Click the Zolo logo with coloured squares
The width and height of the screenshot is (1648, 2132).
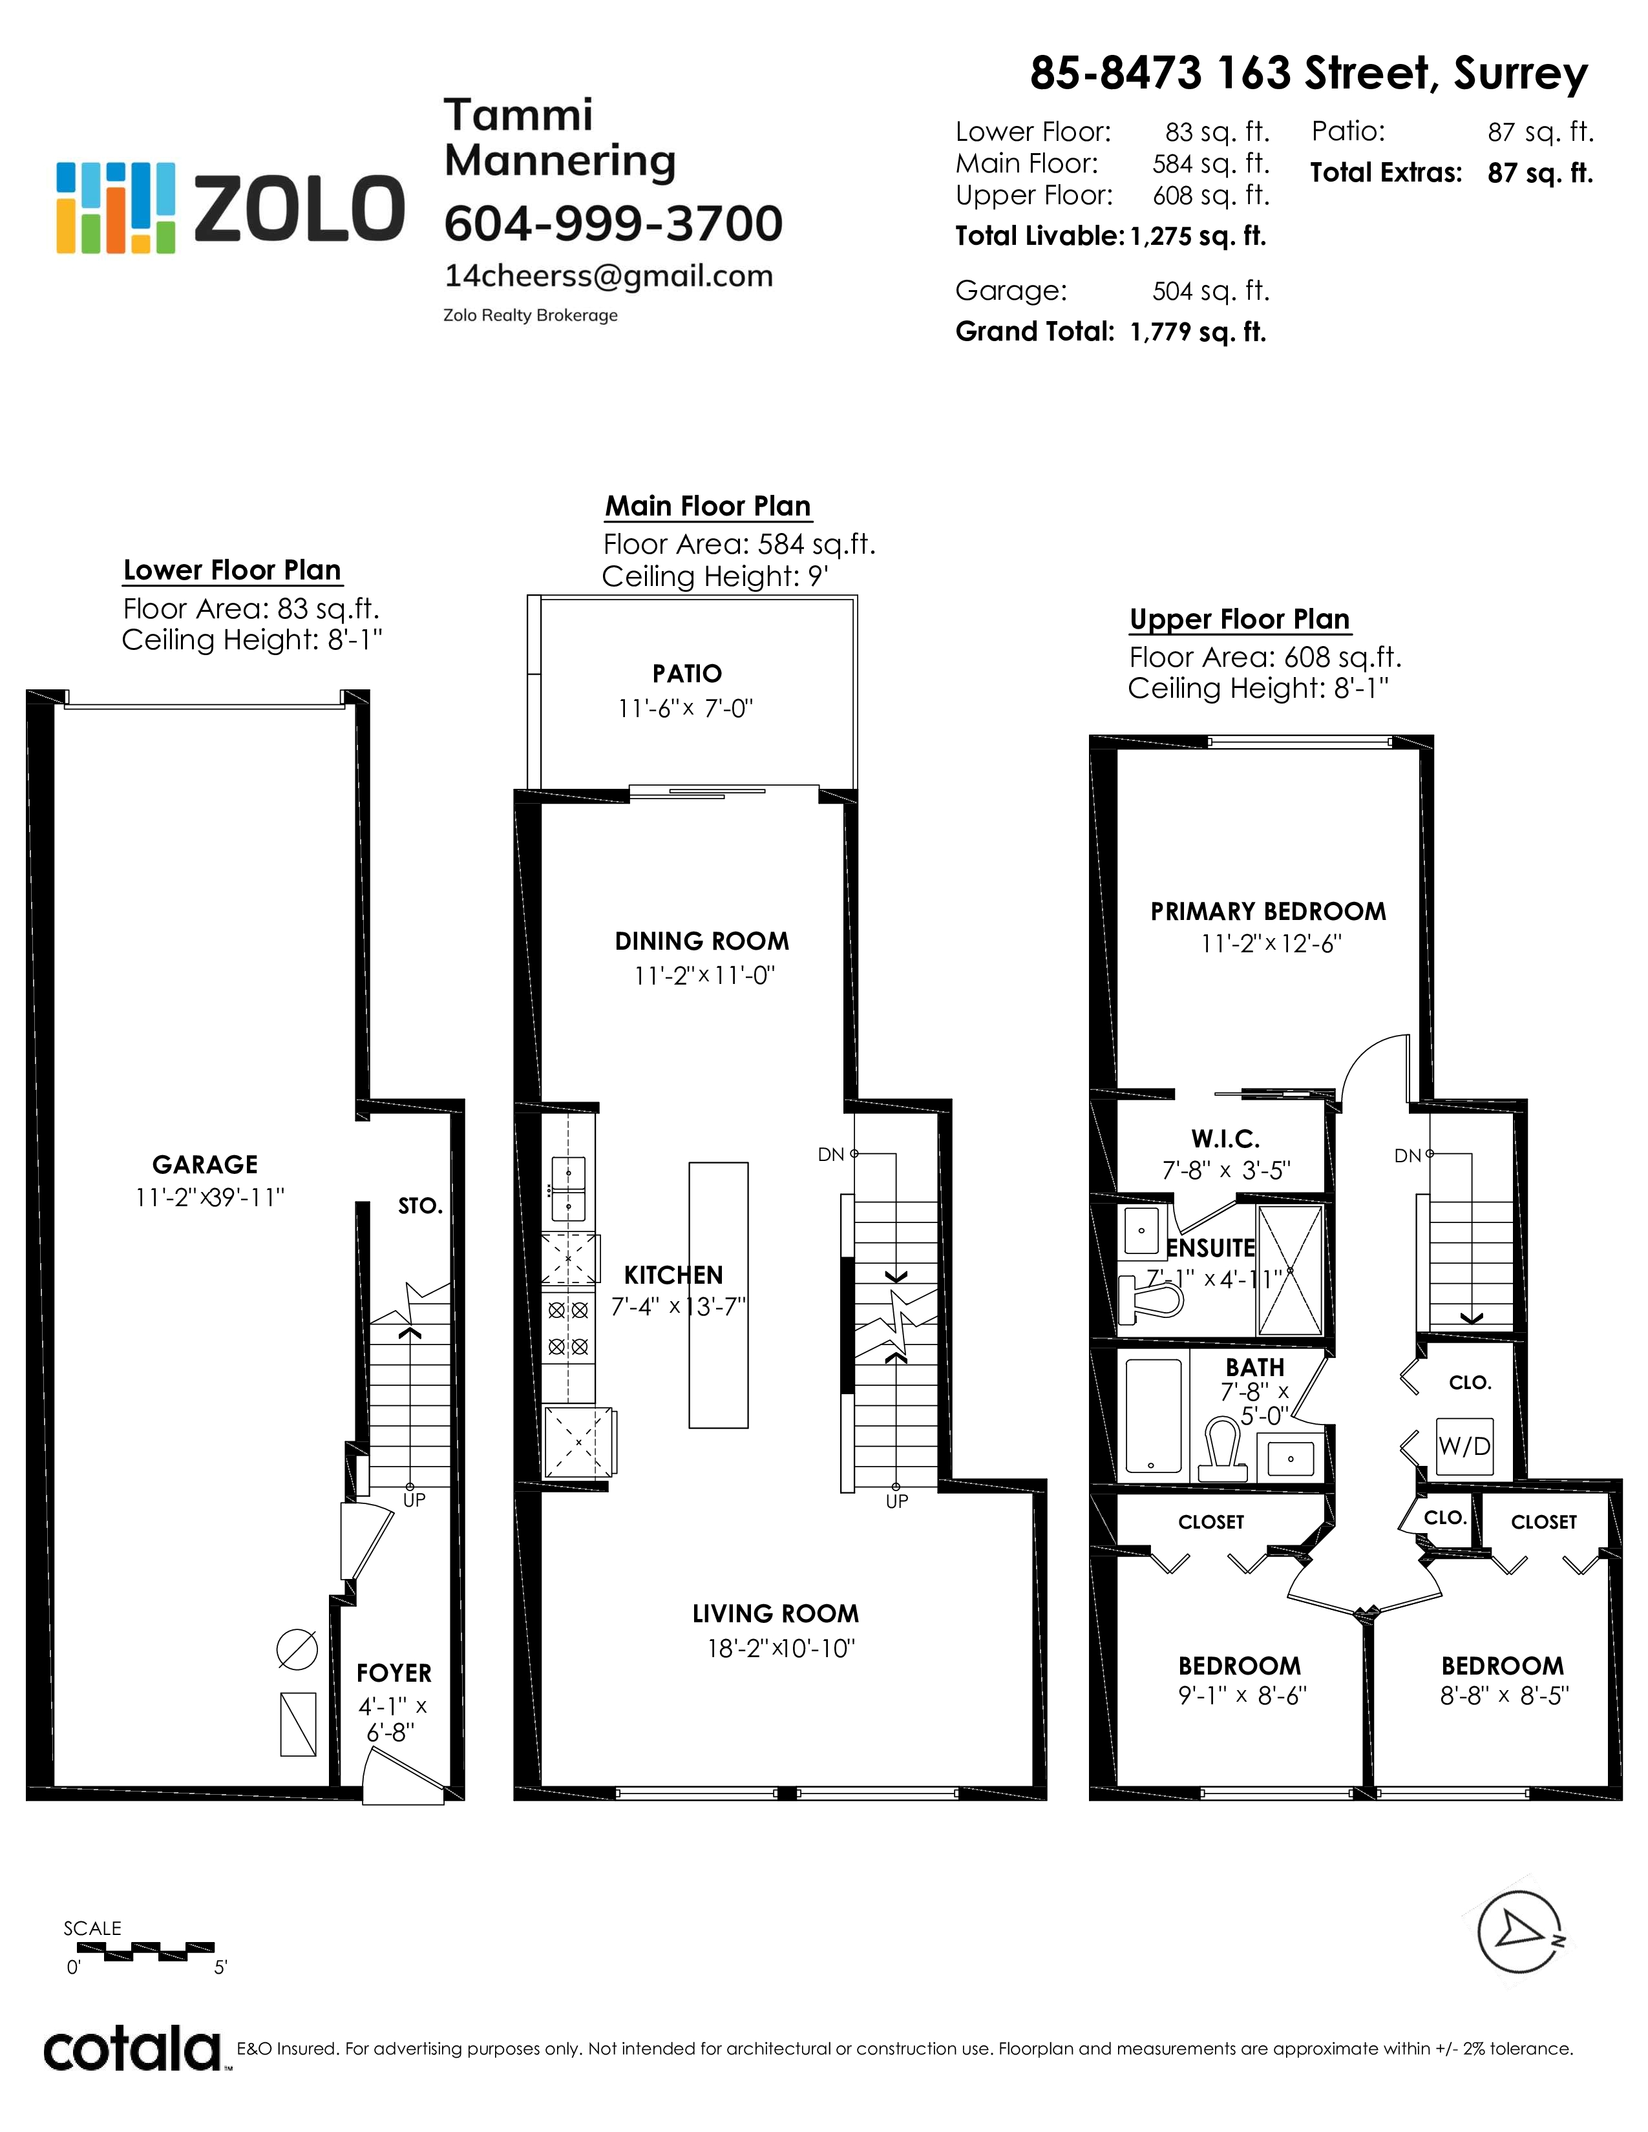point(229,208)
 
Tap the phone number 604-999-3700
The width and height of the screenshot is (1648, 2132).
point(613,224)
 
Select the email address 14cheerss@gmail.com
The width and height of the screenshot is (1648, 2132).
point(608,277)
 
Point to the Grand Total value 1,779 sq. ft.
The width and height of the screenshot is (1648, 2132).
point(1198,333)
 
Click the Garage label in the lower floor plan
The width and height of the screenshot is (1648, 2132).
point(205,1165)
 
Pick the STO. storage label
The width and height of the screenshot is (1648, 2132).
point(420,1207)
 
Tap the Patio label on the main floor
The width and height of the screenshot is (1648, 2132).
point(688,674)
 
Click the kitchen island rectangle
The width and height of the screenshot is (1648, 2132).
point(719,1295)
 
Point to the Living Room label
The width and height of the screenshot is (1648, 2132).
point(776,1614)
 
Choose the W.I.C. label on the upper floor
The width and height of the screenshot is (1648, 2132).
point(1225,1138)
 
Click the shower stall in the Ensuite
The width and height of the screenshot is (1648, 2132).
point(1290,1271)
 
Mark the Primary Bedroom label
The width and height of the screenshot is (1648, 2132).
point(1268,912)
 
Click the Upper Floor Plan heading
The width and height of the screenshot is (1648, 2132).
point(1240,620)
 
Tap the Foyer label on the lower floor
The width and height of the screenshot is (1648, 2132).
point(394,1673)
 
